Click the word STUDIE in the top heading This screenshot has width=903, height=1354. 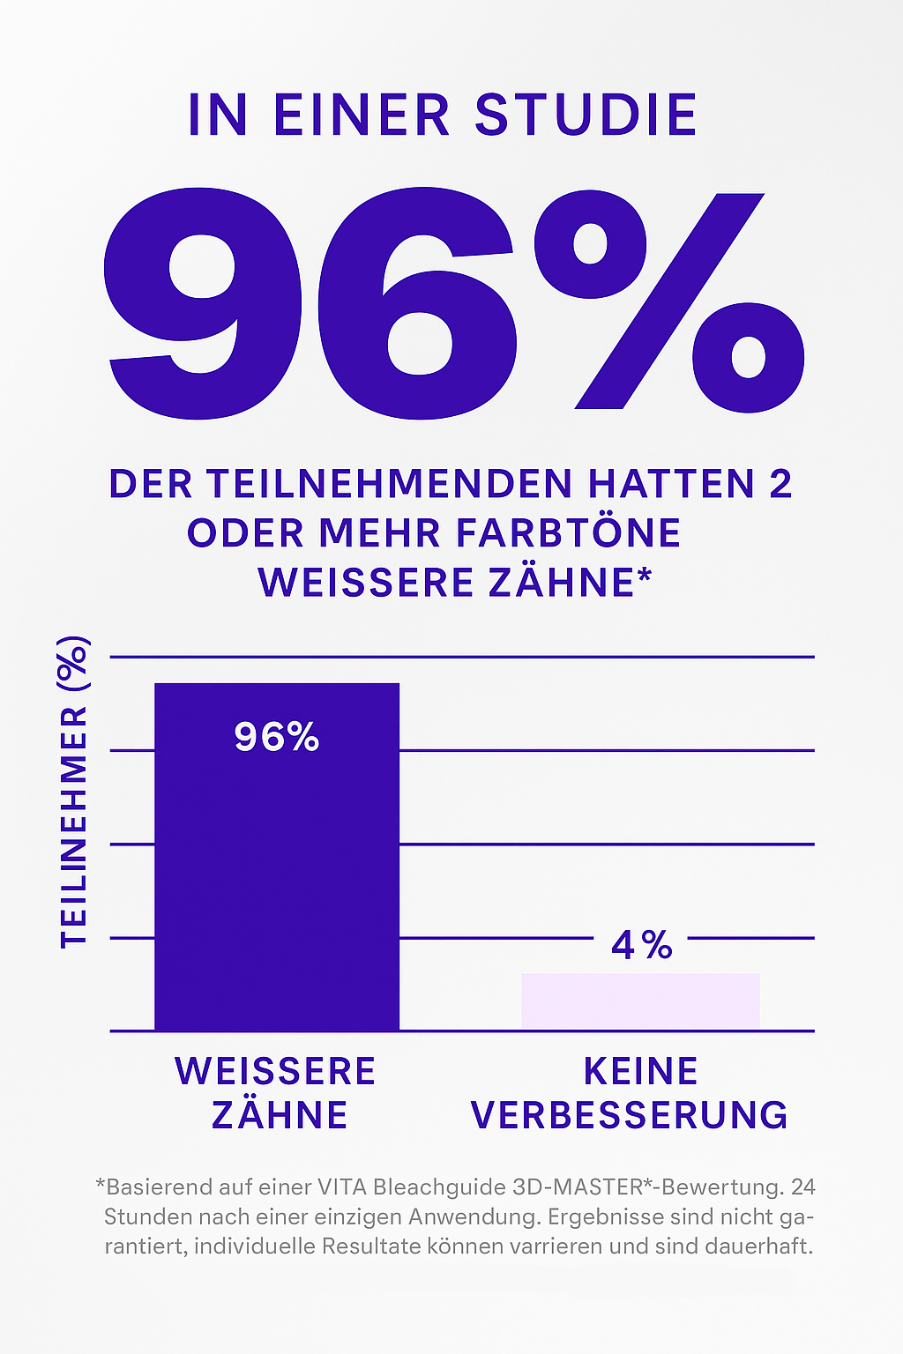tap(586, 115)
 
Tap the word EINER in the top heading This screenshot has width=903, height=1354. tap(362, 115)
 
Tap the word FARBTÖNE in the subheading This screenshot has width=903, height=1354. tap(569, 533)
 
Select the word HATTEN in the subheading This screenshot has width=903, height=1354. tap(672, 484)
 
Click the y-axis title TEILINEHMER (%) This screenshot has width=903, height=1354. tap(74, 792)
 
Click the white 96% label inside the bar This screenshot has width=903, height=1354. tap(277, 737)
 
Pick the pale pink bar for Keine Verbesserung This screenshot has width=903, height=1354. tap(640, 1001)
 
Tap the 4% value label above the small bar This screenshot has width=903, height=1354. tap(642, 946)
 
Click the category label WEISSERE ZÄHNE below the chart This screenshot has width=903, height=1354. tap(277, 1093)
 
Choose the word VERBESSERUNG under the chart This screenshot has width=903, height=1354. tap(630, 1115)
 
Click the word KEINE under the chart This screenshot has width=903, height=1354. tap(641, 1072)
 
